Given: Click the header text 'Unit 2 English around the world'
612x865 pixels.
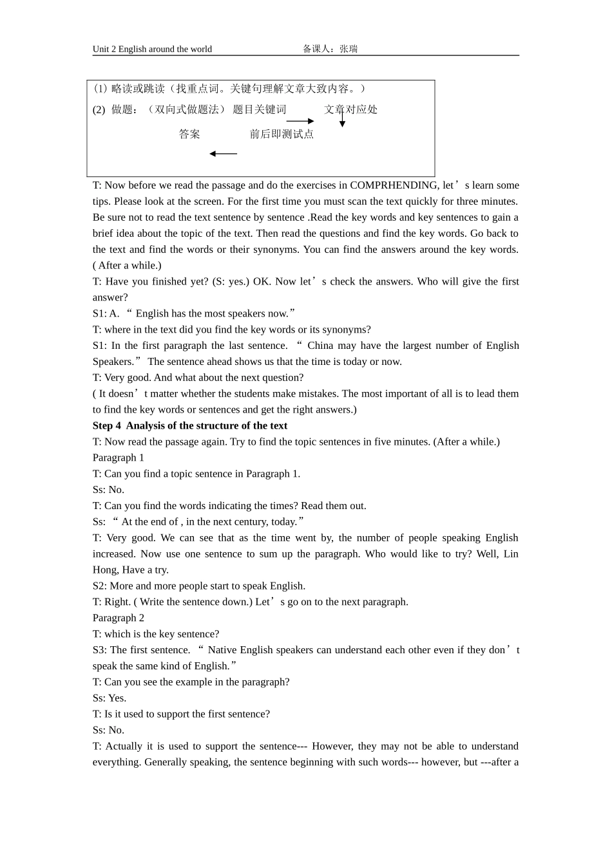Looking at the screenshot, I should pyautogui.click(x=152, y=49).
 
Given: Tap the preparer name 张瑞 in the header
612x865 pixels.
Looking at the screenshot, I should pyautogui.click(x=349, y=49).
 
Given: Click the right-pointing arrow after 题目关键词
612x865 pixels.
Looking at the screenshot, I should pyautogui.click(x=300, y=121).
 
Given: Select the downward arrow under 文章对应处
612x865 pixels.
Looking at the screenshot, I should pyautogui.click(x=342, y=120).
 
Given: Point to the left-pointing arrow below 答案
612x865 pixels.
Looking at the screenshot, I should pyautogui.click(x=223, y=154).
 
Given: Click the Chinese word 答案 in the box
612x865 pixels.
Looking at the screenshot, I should pyautogui.click(x=189, y=134).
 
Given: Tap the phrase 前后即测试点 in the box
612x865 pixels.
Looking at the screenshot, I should pyautogui.click(x=282, y=134).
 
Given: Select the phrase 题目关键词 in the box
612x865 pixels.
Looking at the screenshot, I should pyautogui.click(x=259, y=109).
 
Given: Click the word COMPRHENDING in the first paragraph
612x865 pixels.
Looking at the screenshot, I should pyautogui.click(x=394, y=185).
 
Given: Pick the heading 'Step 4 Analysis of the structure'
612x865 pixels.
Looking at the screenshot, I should pyautogui.click(x=190, y=425).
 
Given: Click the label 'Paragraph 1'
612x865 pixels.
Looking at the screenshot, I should pyautogui.click(x=119, y=458).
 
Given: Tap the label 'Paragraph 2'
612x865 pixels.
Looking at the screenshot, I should pyautogui.click(x=119, y=618).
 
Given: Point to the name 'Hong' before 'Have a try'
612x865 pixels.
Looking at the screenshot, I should pyautogui.click(x=105, y=570).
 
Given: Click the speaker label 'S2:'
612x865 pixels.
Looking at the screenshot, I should pyautogui.click(x=100, y=586).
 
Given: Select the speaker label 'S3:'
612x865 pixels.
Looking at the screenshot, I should pyautogui.click(x=100, y=650).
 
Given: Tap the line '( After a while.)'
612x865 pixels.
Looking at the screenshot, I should pyautogui.click(x=127, y=265).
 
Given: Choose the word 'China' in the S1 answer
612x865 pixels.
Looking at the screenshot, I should pyautogui.click(x=320, y=346).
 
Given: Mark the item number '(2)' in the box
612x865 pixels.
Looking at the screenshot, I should pyautogui.click(x=99, y=109).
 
